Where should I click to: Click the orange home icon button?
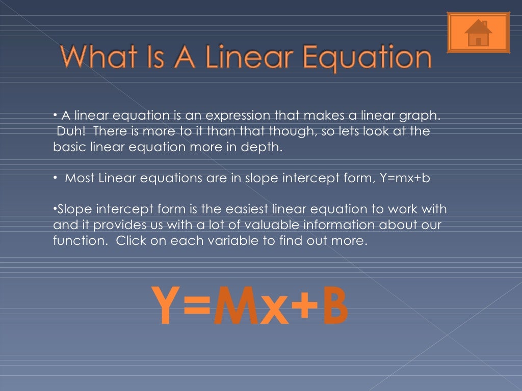(x=478, y=33)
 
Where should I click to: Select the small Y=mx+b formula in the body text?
(x=406, y=178)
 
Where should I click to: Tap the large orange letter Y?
(x=165, y=306)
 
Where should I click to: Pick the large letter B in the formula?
(x=334, y=306)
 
